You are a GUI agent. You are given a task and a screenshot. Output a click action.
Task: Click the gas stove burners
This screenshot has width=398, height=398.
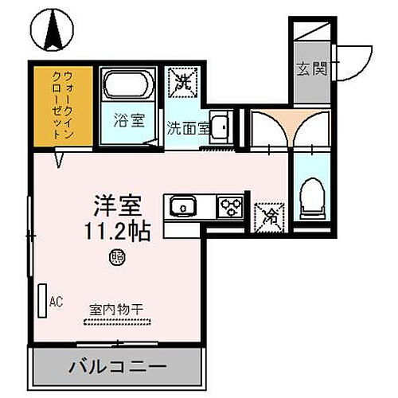pos(231,206)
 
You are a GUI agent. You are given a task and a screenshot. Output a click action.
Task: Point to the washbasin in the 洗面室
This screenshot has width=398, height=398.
pos(220,126)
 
